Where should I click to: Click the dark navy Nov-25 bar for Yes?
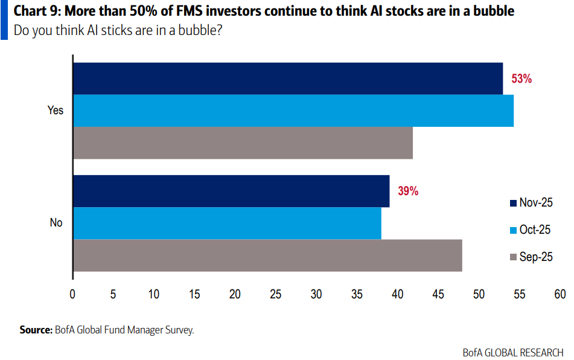click(x=288, y=79)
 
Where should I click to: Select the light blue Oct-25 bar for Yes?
click(x=293, y=111)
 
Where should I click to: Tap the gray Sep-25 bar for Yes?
click(x=243, y=143)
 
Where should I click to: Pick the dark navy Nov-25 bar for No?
click(x=231, y=191)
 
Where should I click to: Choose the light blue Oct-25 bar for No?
click(x=227, y=223)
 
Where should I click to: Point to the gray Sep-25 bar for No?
click(x=267, y=256)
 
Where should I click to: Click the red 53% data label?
click(x=521, y=79)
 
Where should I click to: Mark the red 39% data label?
click(x=408, y=191)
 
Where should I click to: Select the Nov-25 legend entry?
click(x=531, y=203)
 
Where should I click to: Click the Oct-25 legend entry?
click(x=531, y=230)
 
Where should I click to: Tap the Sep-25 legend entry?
click(x=531, y=257)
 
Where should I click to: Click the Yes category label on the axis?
click(x=56, y=111)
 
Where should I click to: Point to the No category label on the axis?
click(x=56, y=223)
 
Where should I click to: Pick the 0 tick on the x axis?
click(x=72, y=294)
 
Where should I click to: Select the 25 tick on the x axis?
click(x=276, y=294)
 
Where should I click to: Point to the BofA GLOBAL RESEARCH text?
click(x=513, y=352)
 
